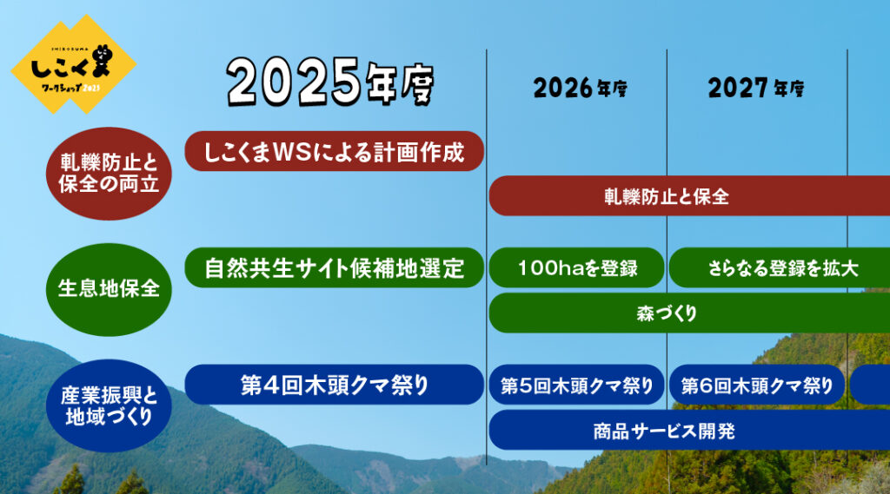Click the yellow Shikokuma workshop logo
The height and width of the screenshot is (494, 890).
click(x=73, y=64)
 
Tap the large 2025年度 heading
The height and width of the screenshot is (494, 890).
click(x=330, y=82)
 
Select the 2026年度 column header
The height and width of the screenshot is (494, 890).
click(x=580, y=88)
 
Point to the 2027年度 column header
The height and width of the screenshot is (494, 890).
click(x=755, y=88)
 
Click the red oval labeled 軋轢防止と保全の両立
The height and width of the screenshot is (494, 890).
click(x=109, y=174)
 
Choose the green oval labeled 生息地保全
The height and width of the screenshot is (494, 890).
click(x=109, y=289)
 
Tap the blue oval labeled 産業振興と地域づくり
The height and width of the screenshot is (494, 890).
click(x=109, y=405)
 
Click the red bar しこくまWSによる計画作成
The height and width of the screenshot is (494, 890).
click(x=335, y=151)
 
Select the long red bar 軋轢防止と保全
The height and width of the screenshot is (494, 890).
click(x=689, y=196)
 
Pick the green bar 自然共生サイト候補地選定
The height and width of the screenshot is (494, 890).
click(x=335, y=267)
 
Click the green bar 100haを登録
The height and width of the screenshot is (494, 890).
click(x=577, y=267)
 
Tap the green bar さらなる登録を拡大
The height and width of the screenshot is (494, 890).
click(x=780, y=267)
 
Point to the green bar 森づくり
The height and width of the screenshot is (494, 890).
click(x=689, y=313)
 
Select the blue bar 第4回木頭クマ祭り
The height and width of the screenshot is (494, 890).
click(x=335, y=385)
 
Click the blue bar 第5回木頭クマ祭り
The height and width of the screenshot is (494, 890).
click(x=577, y=385)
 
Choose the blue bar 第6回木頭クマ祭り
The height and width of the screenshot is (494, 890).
click(x=757, y=385)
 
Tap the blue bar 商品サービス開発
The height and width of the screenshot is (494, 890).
click(x=689, y=430)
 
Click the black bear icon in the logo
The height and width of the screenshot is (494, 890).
click(x=103, y=60)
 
